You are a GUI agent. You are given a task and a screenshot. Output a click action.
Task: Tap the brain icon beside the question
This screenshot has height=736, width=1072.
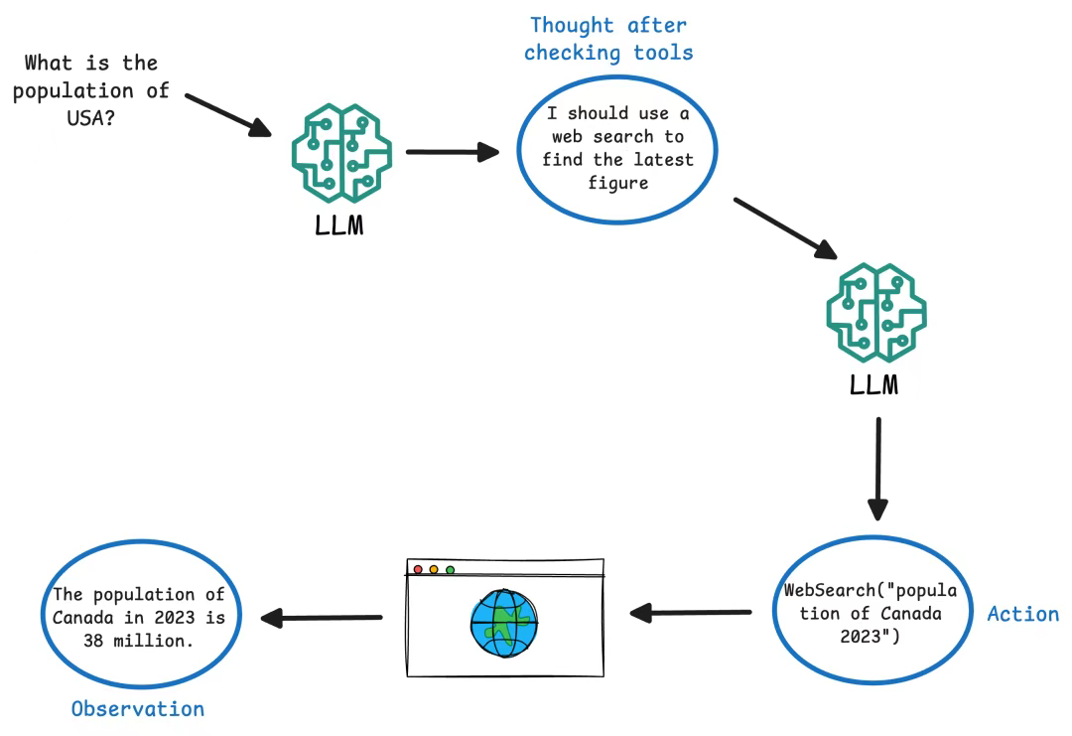(340, 151)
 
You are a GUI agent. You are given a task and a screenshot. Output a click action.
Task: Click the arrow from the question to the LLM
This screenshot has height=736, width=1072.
(228, 115)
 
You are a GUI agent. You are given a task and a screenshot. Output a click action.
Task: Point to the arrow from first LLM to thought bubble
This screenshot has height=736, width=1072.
(452, 152)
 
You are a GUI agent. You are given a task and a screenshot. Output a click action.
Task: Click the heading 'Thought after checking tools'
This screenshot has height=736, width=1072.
(607, 39)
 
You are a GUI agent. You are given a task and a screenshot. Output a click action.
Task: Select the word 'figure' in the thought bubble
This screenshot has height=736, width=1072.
(617, 182)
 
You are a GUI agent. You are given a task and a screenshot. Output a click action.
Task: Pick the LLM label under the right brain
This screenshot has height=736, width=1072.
(874, 383)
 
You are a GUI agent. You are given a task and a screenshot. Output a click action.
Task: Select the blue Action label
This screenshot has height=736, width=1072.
(1022, 614)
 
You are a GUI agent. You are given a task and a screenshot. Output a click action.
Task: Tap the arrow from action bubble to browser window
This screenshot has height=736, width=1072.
(691, 613)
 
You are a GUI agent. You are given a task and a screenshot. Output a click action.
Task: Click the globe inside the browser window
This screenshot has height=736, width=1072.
(504, 624)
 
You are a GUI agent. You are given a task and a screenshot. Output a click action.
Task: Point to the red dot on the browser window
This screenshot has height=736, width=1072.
(418, 569)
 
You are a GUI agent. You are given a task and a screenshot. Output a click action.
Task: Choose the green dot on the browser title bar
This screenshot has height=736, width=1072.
(450, 569)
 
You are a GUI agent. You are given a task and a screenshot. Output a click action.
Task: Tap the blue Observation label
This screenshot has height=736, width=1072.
(138, 709)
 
